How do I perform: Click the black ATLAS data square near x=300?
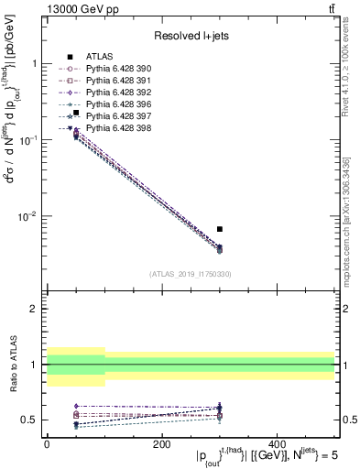[220, 229]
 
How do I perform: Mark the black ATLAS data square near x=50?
[76, 114]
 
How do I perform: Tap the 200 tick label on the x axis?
[162, 444]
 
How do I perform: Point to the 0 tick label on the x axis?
[47, 444]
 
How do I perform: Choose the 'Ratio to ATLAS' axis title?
[12, 364]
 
